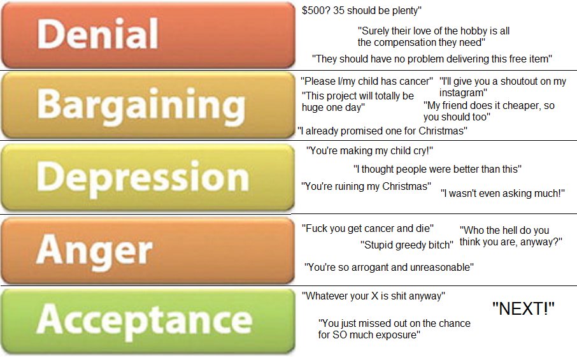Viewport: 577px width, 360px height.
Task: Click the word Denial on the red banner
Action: tap(97, 34)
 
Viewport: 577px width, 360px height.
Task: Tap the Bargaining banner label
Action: tap(141, 106)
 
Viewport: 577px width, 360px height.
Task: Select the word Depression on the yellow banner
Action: tap(142, 176)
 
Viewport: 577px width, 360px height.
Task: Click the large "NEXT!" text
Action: tap(524, 309)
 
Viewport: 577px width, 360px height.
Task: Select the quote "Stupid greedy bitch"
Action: tap(407, 245)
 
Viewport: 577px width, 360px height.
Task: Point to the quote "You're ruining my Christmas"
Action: tap(366, 186)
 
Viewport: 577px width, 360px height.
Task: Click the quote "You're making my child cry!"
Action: tap(369, 151)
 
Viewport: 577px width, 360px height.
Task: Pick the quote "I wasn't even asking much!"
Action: tap(502, 192)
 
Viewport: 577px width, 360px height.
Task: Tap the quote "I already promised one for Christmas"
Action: tap(382, 131)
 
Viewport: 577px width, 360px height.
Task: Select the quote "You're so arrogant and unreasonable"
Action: tap(388, 267)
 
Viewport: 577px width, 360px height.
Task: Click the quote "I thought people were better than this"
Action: tap(438, 169)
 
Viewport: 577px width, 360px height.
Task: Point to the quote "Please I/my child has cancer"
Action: tap(367, 81)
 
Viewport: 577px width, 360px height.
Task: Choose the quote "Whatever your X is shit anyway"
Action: tap(373, 296)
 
